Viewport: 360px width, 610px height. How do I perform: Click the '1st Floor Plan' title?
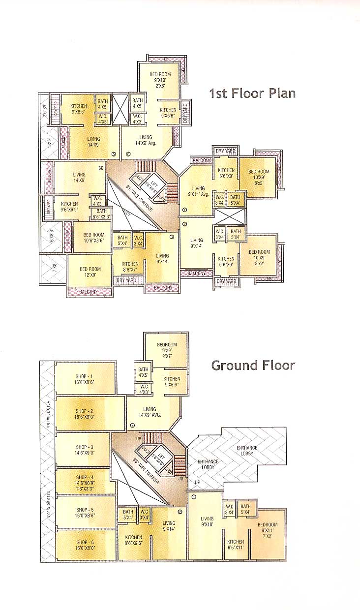tap(252, 93)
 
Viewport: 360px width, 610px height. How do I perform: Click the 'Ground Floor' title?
tap(253, 365)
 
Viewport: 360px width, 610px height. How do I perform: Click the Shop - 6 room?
tap(85, 545)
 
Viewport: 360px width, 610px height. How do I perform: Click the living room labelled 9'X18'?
tap(207, 521)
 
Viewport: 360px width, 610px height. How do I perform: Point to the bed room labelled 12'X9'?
tap(90, 272)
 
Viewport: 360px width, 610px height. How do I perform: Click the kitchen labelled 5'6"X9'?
tap(226, 173)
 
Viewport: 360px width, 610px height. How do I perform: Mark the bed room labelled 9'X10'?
tap(160, 79)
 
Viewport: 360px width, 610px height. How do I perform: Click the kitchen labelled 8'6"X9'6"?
tap(133, 540)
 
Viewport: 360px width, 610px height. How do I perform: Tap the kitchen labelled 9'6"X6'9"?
tap(69, 207)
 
